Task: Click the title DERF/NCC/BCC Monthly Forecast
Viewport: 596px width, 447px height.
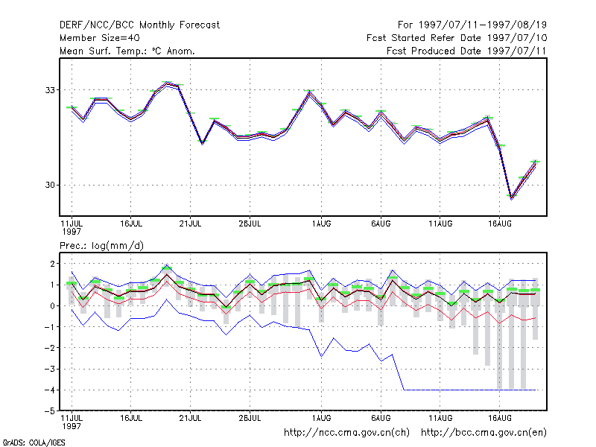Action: point(139,25)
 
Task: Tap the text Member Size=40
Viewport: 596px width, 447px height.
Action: point(100,38)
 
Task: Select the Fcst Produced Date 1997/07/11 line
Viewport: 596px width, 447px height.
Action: point(466,51)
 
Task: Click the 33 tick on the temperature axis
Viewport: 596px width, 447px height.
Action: point(50,90)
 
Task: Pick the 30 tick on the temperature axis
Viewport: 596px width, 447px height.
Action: point(50,185)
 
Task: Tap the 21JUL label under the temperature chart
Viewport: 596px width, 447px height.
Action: point(190,223)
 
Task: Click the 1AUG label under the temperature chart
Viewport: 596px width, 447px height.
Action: point(321,223)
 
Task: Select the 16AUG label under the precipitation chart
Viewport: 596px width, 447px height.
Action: point(499,418)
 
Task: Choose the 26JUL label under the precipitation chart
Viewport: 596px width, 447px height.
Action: point(250,418)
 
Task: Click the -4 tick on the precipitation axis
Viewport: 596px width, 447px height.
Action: point(50,390)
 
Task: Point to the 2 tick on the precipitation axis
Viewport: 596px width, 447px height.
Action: point(52,264)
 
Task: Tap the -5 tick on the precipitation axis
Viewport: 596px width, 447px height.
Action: point(50,411)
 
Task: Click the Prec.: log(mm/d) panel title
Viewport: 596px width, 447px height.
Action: point(101,246)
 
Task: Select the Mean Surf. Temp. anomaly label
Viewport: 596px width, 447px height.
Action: point(127,51)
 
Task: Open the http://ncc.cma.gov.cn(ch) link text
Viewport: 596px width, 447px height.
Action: point(346,433)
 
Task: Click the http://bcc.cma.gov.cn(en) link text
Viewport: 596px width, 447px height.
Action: point(484,433)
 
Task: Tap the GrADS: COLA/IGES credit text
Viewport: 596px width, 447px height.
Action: point(34,443)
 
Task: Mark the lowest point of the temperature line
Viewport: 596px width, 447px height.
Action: point(512,197)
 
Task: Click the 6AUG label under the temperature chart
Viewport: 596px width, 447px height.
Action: point(381,223)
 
